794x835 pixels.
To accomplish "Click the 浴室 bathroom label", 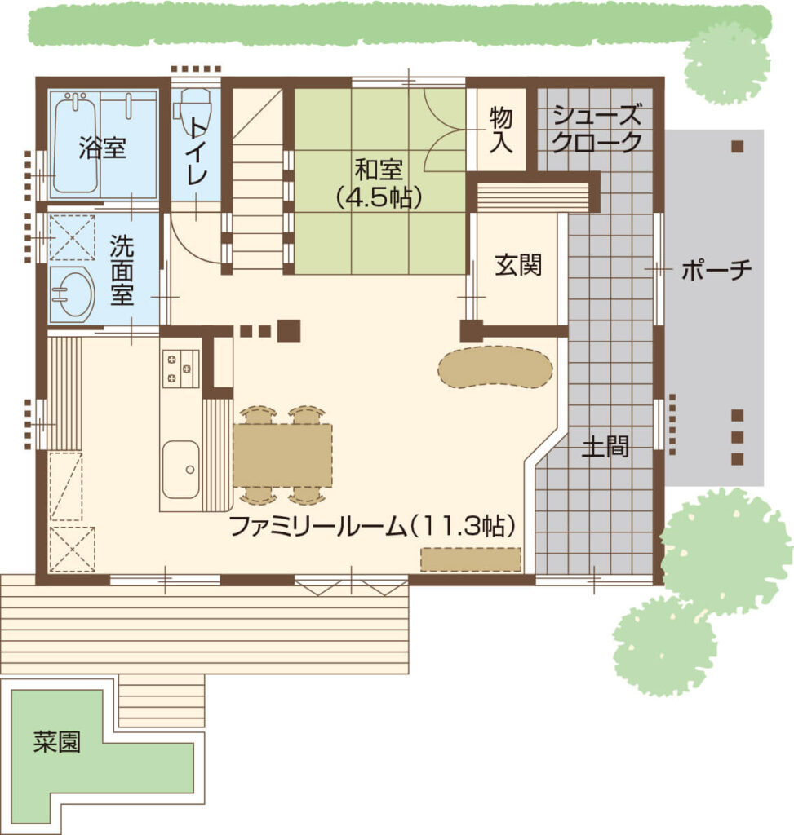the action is (x=102, y=148).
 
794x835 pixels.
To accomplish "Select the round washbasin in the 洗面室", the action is (x=73, y=294).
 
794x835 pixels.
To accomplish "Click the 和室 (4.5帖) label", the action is (x=379, y=183).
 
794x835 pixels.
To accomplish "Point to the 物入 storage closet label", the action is (x=501, y=130).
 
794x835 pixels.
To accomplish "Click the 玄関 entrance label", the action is (x=518, y=265).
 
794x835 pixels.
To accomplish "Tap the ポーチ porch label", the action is (x=716, y=270).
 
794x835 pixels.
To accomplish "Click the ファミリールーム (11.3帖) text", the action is (x=373, y=527).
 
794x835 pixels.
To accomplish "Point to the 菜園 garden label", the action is (x=57, y=741).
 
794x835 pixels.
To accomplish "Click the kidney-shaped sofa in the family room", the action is (x=495, y=369).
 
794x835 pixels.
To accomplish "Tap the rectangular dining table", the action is (x=282, y=455).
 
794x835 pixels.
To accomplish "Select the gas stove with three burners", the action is (x=180, y=369).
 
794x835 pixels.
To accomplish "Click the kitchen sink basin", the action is (x=180, y=470).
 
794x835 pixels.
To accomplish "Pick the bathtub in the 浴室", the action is (x=76, y=143).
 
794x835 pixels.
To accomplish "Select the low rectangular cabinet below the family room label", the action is (x=471, y=559).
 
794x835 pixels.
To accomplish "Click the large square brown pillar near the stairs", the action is (x=290, y=331).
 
